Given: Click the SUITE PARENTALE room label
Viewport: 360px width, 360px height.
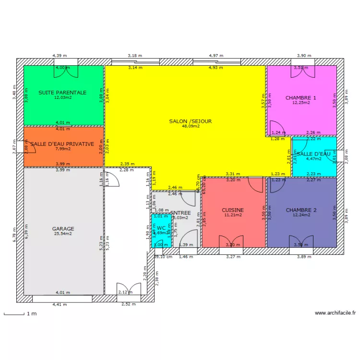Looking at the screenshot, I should (62, 92).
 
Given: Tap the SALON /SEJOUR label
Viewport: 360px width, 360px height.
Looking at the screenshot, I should (191, 121).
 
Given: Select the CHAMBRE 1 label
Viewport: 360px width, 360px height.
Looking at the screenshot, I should (301, 98).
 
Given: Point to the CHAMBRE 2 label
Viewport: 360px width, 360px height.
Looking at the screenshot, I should (301, 210).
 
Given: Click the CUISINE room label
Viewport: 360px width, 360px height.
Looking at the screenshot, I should (233, 210).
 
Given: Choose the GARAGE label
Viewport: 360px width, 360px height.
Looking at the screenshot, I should (63, 229).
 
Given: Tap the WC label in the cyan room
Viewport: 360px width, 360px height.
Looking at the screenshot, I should (161, 228).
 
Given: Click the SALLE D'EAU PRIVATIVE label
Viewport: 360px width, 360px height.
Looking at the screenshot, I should (62, 144).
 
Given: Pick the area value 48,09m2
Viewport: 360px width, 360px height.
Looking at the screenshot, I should (191, 127).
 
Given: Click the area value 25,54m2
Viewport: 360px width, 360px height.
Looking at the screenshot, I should (63, 234).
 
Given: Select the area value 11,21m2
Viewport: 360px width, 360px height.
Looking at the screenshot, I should (233, 215).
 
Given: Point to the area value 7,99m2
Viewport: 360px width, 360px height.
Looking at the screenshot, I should (63, 149).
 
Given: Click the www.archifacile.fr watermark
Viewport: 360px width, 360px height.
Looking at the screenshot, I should (336, 313).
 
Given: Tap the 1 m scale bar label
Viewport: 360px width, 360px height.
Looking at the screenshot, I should (32, 314).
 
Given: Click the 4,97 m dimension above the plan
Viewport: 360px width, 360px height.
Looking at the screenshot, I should (216, 56).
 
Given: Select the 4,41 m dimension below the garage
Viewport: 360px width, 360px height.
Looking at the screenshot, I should (60, 304).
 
